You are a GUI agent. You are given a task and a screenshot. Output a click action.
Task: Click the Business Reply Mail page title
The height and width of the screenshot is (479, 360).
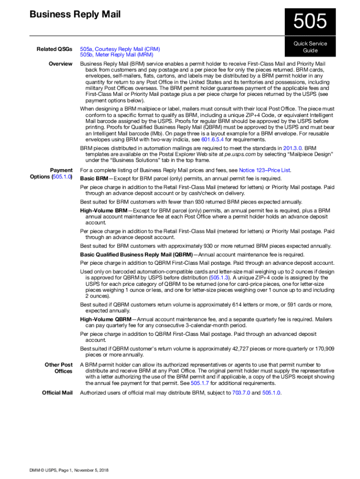pyautogui.click(x=75, y=15)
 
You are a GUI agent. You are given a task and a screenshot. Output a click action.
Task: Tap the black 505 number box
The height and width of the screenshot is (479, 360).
pyautogui.click(x=310, y=22)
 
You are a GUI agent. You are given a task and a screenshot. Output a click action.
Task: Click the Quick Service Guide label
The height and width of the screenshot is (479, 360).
pyautogui.click(x=310, y=47)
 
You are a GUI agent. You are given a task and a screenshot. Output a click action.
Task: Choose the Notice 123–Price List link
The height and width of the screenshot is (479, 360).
pyautogui.click(x=265, y=170)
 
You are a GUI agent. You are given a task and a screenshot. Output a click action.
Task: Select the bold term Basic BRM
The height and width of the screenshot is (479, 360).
pyautogui.click(x=94, y=179)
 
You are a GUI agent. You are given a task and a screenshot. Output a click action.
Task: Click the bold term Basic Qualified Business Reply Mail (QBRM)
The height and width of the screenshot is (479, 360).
pyautogui.click(x=136, y=254)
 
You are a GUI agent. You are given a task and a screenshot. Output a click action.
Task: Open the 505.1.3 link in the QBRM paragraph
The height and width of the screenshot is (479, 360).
pyautogui.click(x=219, y=277)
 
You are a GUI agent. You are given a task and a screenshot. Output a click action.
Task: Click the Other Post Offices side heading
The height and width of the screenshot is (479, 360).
pyautogui.click(x=58, y=368)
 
